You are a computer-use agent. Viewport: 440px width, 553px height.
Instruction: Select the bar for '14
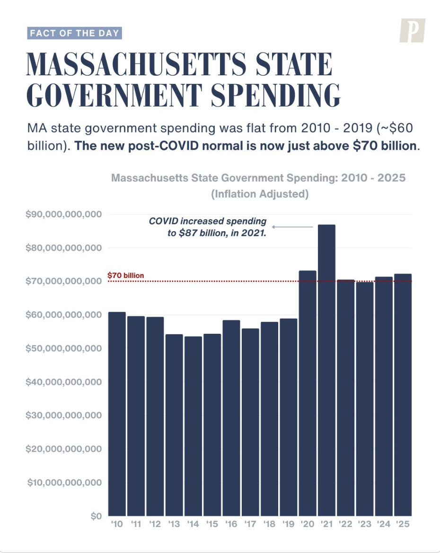click(x=193, y=426)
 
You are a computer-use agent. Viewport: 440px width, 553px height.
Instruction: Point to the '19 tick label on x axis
click(x=288, y=524)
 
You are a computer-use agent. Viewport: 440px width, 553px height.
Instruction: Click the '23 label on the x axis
click(x=364, y=524)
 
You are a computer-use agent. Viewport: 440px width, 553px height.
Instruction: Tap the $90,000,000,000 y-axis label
click(x=64, y=214)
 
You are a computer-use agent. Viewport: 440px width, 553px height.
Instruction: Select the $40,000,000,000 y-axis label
click(x=64, y=382)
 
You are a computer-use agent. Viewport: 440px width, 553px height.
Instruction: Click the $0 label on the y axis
click(x=96, y=516)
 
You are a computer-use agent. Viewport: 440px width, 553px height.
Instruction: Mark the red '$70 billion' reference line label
click(x=125, y=275)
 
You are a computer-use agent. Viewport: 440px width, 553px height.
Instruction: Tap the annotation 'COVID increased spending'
click(x=208, y=221)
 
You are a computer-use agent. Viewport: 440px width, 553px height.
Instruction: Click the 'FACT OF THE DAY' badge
click(x=74, y=34)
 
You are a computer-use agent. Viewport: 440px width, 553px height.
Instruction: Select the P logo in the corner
click(x=412, y=31)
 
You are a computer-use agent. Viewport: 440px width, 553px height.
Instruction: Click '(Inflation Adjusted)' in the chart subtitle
click(x=260, y=194)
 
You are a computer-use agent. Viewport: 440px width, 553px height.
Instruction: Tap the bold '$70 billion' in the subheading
click(x=384, y=145)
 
